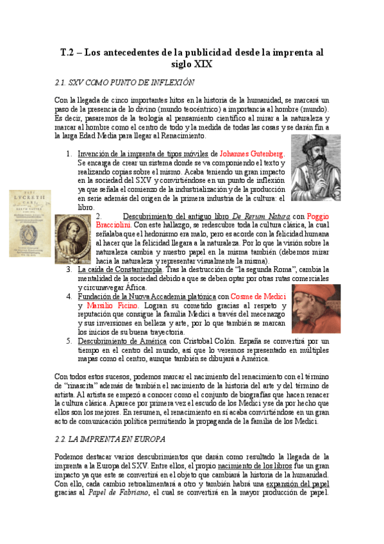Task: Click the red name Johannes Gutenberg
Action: (x=253, y=155)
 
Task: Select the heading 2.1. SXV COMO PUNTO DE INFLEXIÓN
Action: (x=125, y=83)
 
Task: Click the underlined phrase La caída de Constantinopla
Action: (x=121, y=270)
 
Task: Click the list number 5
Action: (x=69, y=341)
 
